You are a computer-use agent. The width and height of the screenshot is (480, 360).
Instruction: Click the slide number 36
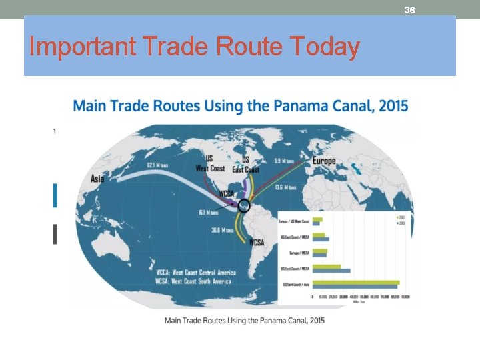pos(410,10)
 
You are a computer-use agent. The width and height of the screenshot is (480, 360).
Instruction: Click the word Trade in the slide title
pos(168,47)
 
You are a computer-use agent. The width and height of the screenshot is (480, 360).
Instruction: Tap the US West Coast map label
pos(210,165)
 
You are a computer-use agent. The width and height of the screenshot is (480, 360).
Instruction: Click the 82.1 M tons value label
pos(158,163)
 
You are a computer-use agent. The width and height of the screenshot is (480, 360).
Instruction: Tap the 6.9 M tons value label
pos(285,161)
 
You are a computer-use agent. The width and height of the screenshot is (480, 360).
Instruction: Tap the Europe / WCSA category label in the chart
pos(297,253)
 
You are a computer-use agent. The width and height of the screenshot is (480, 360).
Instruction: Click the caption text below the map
pos(245,321)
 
